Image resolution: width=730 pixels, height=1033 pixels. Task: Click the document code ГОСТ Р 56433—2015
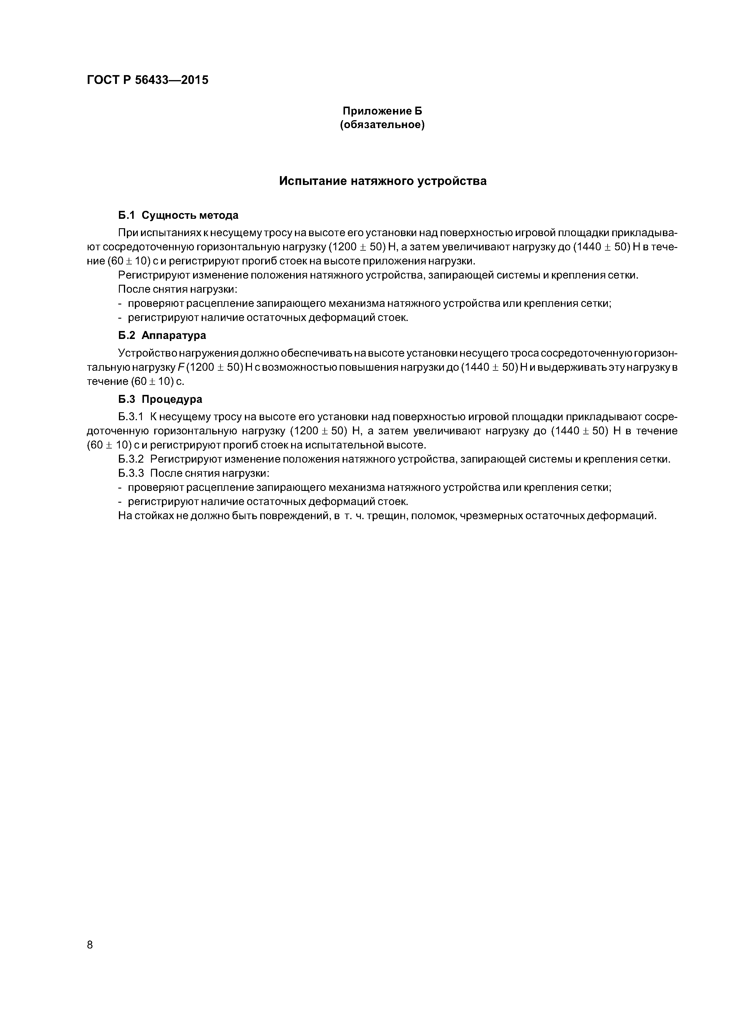pos(147,80)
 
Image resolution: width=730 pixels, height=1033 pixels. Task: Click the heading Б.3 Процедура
pos(160,399)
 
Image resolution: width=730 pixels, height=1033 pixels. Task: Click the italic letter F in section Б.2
pos(181,367)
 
